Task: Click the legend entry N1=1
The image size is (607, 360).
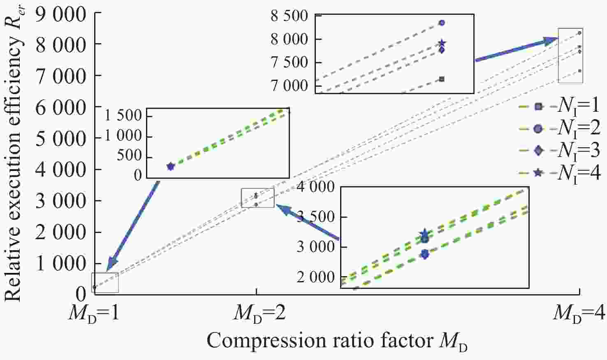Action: (559, 107)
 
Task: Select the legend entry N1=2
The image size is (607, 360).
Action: (559, 129)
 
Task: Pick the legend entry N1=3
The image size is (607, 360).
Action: (559, 150)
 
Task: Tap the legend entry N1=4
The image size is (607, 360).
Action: (559, 173)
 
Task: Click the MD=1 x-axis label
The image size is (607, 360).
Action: (94, 313)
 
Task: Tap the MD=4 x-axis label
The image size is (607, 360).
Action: (579, 313)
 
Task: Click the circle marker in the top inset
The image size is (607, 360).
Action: (442, 23)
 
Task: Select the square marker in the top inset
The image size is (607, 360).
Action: (442, 79)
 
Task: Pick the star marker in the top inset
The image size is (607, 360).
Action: (442, 43)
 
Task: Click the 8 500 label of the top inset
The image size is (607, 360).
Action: (289, 16)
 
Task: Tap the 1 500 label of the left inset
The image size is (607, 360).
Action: (123, 115)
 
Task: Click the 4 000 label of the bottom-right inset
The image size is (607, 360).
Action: (316, 187)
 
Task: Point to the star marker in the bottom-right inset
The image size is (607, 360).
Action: (425, 234)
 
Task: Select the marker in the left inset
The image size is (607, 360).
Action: (171, 166)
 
